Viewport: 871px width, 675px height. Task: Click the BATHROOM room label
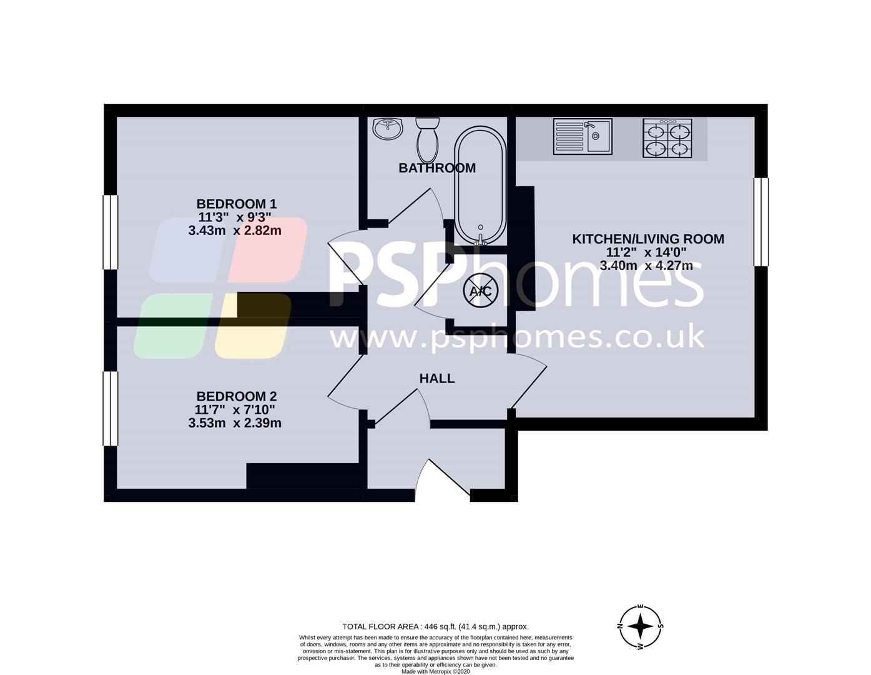click(437, 167)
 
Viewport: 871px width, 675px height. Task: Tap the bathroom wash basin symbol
click(388, 129)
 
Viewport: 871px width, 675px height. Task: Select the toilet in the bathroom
click(428, 138)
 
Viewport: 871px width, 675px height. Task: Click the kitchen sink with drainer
click(583, 136)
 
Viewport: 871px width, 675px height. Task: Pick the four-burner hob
click(667, 138)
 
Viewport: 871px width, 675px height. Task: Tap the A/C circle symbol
click(481, 291)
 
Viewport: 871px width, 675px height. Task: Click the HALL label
click(437, 378)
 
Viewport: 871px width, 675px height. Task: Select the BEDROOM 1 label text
click(236, 204)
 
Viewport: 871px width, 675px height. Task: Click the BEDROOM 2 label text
click(236, 396)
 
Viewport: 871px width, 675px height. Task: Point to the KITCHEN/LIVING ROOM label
click(648, 239)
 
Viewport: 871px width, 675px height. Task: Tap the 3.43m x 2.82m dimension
click(235, 231)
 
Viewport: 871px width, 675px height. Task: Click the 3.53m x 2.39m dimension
click(235, 423)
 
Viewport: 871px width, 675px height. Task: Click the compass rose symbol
click(641, 626)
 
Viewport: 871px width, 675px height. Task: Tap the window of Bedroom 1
click(111, 232)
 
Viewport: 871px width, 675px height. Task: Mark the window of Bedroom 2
click(111, 409)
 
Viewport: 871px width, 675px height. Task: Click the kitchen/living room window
click(761, 222)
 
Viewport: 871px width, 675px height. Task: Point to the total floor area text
click(435, 626)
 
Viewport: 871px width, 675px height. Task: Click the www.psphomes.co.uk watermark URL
click(517, 337)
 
